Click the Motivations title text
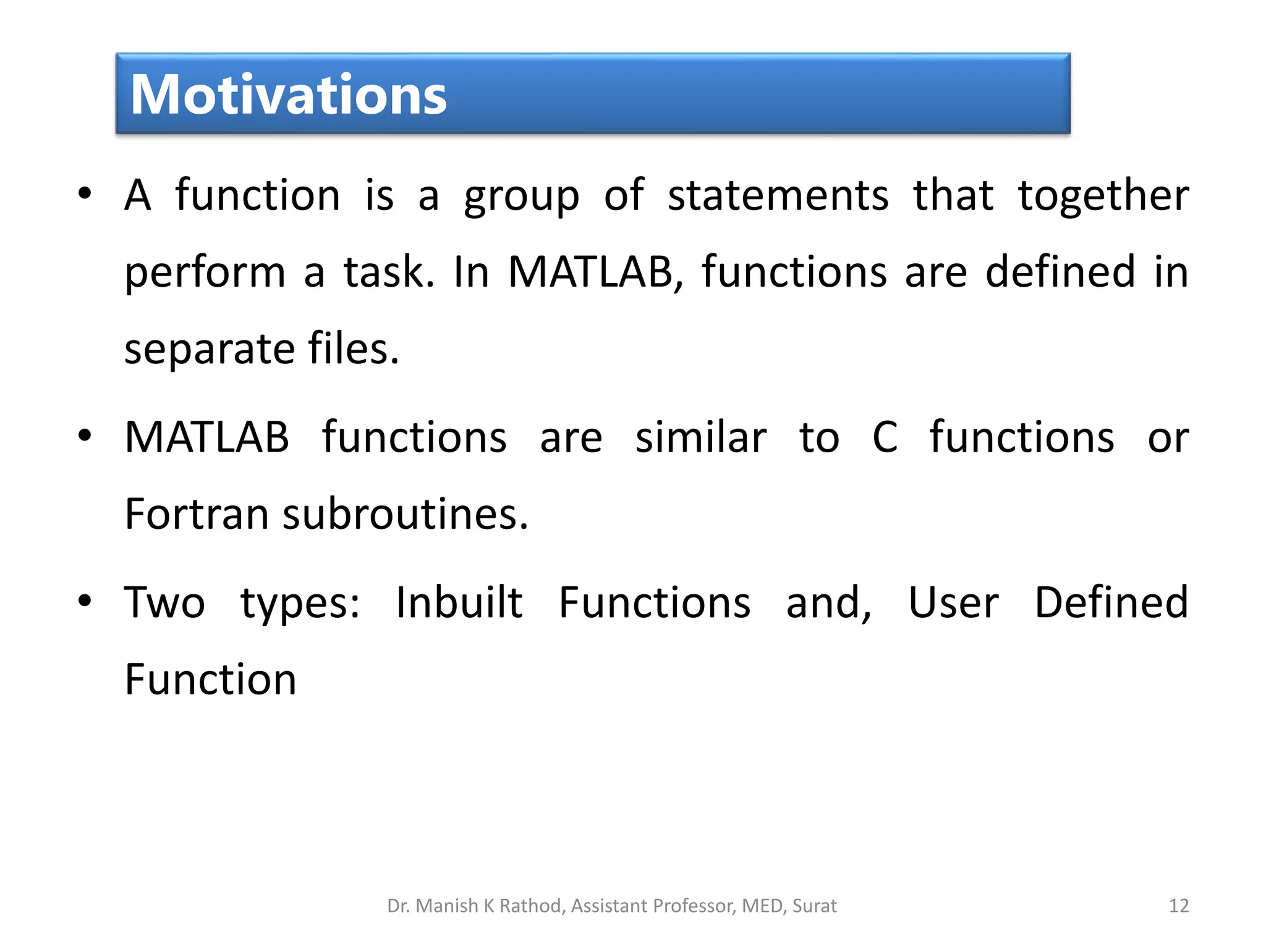click(288, 95)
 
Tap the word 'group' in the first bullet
click(522, 196)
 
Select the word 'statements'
click(778, 195)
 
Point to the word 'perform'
click(205, 273)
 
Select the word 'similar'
click(701, 437)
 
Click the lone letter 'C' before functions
click(885, 437)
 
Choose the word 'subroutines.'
click(406, 514)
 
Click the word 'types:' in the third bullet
click(300, 604)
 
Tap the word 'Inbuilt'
click(459, 602)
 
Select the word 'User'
click(953, 602)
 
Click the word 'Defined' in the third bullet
click(1111, 602)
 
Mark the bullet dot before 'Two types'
click(85, 601)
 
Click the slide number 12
click(1179, 906)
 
